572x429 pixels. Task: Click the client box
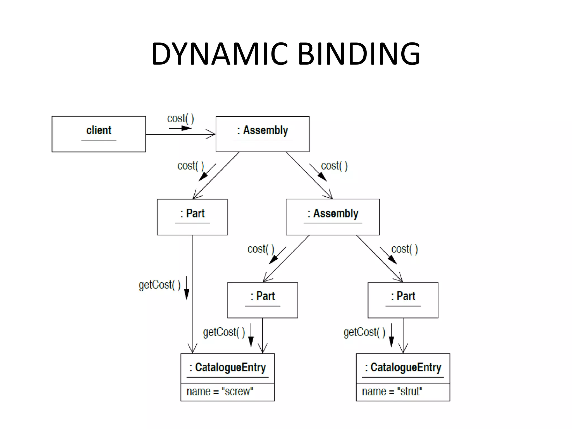99,134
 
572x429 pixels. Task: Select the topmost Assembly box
263,134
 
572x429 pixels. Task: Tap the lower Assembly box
333,217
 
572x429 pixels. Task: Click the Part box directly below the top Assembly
192,217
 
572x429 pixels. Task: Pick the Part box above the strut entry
403,300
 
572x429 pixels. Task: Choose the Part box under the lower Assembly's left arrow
263,300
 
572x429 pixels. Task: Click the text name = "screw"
220,392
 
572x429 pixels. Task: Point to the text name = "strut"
392,392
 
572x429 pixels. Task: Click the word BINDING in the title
359,54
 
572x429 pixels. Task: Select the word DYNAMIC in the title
220,54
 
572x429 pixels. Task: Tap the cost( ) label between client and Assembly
180,118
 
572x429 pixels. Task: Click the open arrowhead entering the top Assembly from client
211,134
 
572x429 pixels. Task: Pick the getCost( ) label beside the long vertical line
159,285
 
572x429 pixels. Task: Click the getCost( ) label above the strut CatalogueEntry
364,332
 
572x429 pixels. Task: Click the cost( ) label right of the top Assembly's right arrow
334,166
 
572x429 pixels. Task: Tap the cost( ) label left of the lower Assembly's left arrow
261,249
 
